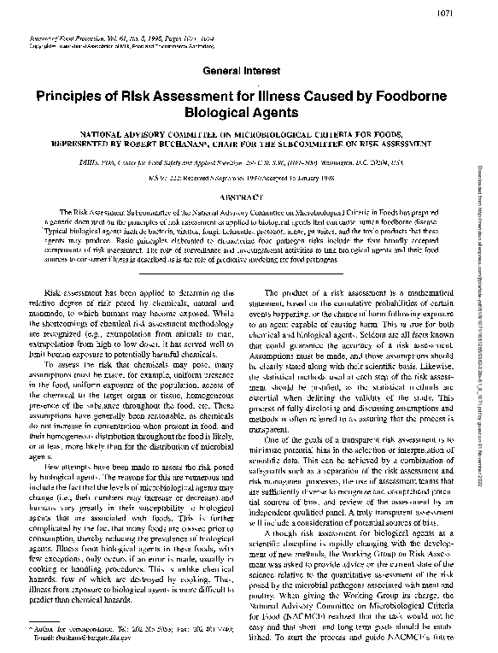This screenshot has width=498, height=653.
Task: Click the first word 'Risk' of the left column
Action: (x=54, y=293)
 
